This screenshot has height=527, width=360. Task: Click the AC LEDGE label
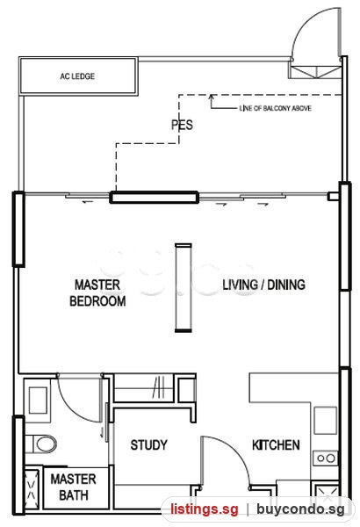pos(77,76)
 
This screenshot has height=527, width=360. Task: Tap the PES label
pos(182,125)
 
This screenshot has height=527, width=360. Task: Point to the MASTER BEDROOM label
pos(97,292)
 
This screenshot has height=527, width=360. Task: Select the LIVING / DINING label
pos(264,285)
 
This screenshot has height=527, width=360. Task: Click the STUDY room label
pos(148,445)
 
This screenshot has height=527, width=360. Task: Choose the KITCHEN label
pos(276,445)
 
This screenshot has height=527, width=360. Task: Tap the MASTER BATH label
pos(74,487)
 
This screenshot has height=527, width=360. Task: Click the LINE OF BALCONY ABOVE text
pos(275,108)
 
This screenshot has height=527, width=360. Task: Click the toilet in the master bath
pos(41,444)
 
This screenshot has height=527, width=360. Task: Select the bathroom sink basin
pos(38,401)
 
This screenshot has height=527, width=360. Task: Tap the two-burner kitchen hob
pos(326,458)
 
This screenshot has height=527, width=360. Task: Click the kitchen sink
pos(326,421)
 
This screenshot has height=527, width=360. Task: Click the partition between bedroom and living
pos(184,288)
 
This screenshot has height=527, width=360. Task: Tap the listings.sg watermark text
pos(205,509)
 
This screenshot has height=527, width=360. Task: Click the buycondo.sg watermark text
pos(300,509)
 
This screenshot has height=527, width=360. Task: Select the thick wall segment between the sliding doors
pos(155,198)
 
